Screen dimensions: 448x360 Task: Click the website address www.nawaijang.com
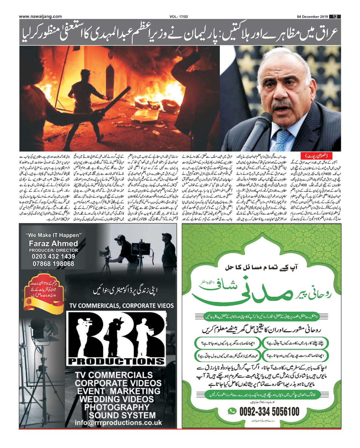[40, 16]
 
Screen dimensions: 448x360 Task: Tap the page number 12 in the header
[335, 17]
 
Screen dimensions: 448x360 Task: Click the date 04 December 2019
[313, 17]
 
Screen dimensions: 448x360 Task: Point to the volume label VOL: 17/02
[179, 17]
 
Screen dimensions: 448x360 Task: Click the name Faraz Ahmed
[53, 243]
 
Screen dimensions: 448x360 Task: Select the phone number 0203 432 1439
[54, 256]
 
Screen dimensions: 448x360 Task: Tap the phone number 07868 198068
[53, 264]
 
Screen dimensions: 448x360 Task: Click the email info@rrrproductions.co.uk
[118, 423]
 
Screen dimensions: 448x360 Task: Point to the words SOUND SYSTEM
[122, 415]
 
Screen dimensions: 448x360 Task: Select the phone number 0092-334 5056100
[269, 411]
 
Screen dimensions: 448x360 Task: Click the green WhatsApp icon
[233, 411]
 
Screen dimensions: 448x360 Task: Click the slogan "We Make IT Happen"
[53, 235]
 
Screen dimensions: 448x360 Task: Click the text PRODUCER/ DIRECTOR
[53, 250]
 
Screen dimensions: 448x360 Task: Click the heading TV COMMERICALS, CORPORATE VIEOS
[121, 306]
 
